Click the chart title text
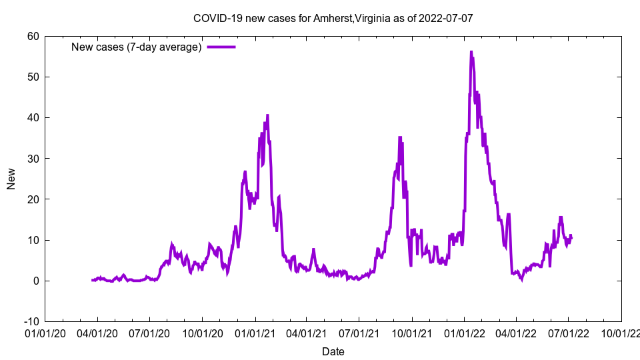click(x=333, y=18)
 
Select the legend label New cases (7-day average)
click(x=136, y=47)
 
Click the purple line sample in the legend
click(x=221, y=47)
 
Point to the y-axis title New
click(x=11, y=179)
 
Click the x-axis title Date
click(x=333, y=351)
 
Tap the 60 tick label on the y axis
click(x=33, y=36)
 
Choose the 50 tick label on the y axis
click(x=33, y=77)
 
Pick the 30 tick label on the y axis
click(x=33, y=159)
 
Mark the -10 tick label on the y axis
click(x=31, y=321)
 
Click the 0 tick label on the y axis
click(x=35, y=281)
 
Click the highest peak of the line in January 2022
click(x=471, y=51)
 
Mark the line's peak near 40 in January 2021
click(x=267, y=115)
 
